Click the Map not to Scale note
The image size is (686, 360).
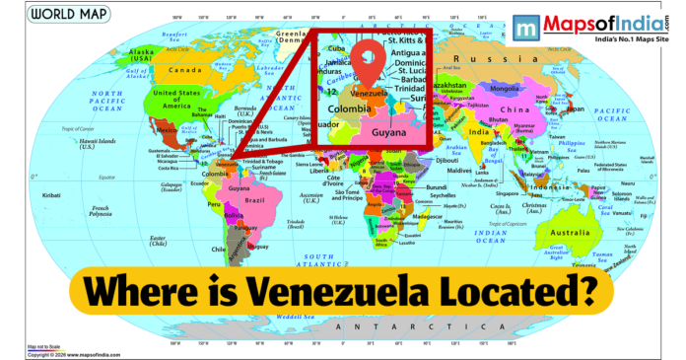pos(45,347)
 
